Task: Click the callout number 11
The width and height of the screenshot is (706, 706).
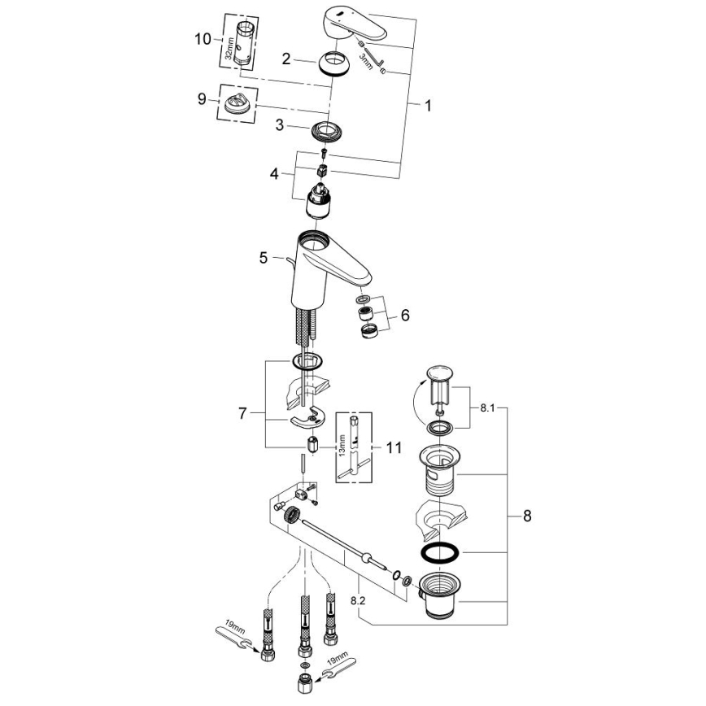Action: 394,447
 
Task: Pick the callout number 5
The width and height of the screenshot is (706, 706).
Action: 264,258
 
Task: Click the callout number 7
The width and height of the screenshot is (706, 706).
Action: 242,414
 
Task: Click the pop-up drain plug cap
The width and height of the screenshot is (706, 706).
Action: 438,375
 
